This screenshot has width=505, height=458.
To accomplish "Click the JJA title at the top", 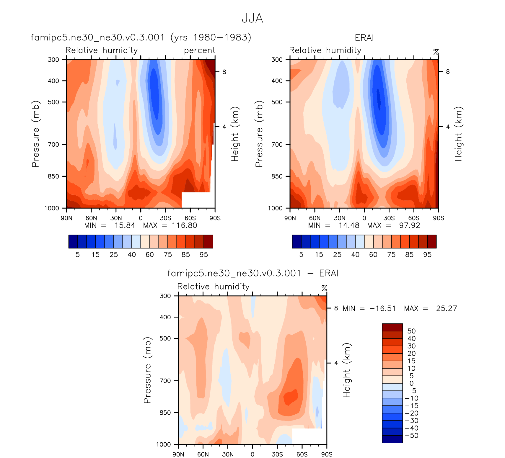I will click(252, 18).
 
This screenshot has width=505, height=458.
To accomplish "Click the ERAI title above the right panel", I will click(364, 38).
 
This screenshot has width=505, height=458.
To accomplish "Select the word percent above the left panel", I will click(200, 50).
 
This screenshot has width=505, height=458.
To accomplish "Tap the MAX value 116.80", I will click(185, 225).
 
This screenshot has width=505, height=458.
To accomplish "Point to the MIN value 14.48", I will click(349, 225).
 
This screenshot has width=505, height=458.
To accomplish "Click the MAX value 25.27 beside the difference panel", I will click(446, 308).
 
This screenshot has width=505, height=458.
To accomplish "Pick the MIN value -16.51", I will click(382, 308).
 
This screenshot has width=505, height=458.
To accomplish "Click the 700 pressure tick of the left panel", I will click(53, 145).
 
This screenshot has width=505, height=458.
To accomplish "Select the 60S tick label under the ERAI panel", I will click(413, 218).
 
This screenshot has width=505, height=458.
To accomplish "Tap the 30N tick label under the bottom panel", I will click(228, 454).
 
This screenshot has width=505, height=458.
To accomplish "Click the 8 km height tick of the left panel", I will click(224, 72).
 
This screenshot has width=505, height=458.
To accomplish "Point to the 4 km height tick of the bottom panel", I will click(336, 363).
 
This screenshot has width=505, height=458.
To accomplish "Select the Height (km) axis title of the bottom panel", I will click(346, 370).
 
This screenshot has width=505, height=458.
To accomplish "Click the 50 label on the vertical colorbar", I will click(411, 331).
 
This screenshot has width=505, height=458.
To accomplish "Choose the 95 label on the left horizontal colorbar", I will click(204, 255).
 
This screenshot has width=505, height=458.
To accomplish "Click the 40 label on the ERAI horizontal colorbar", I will click(355, 255).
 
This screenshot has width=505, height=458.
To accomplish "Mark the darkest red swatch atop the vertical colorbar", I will click(392, 327).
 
